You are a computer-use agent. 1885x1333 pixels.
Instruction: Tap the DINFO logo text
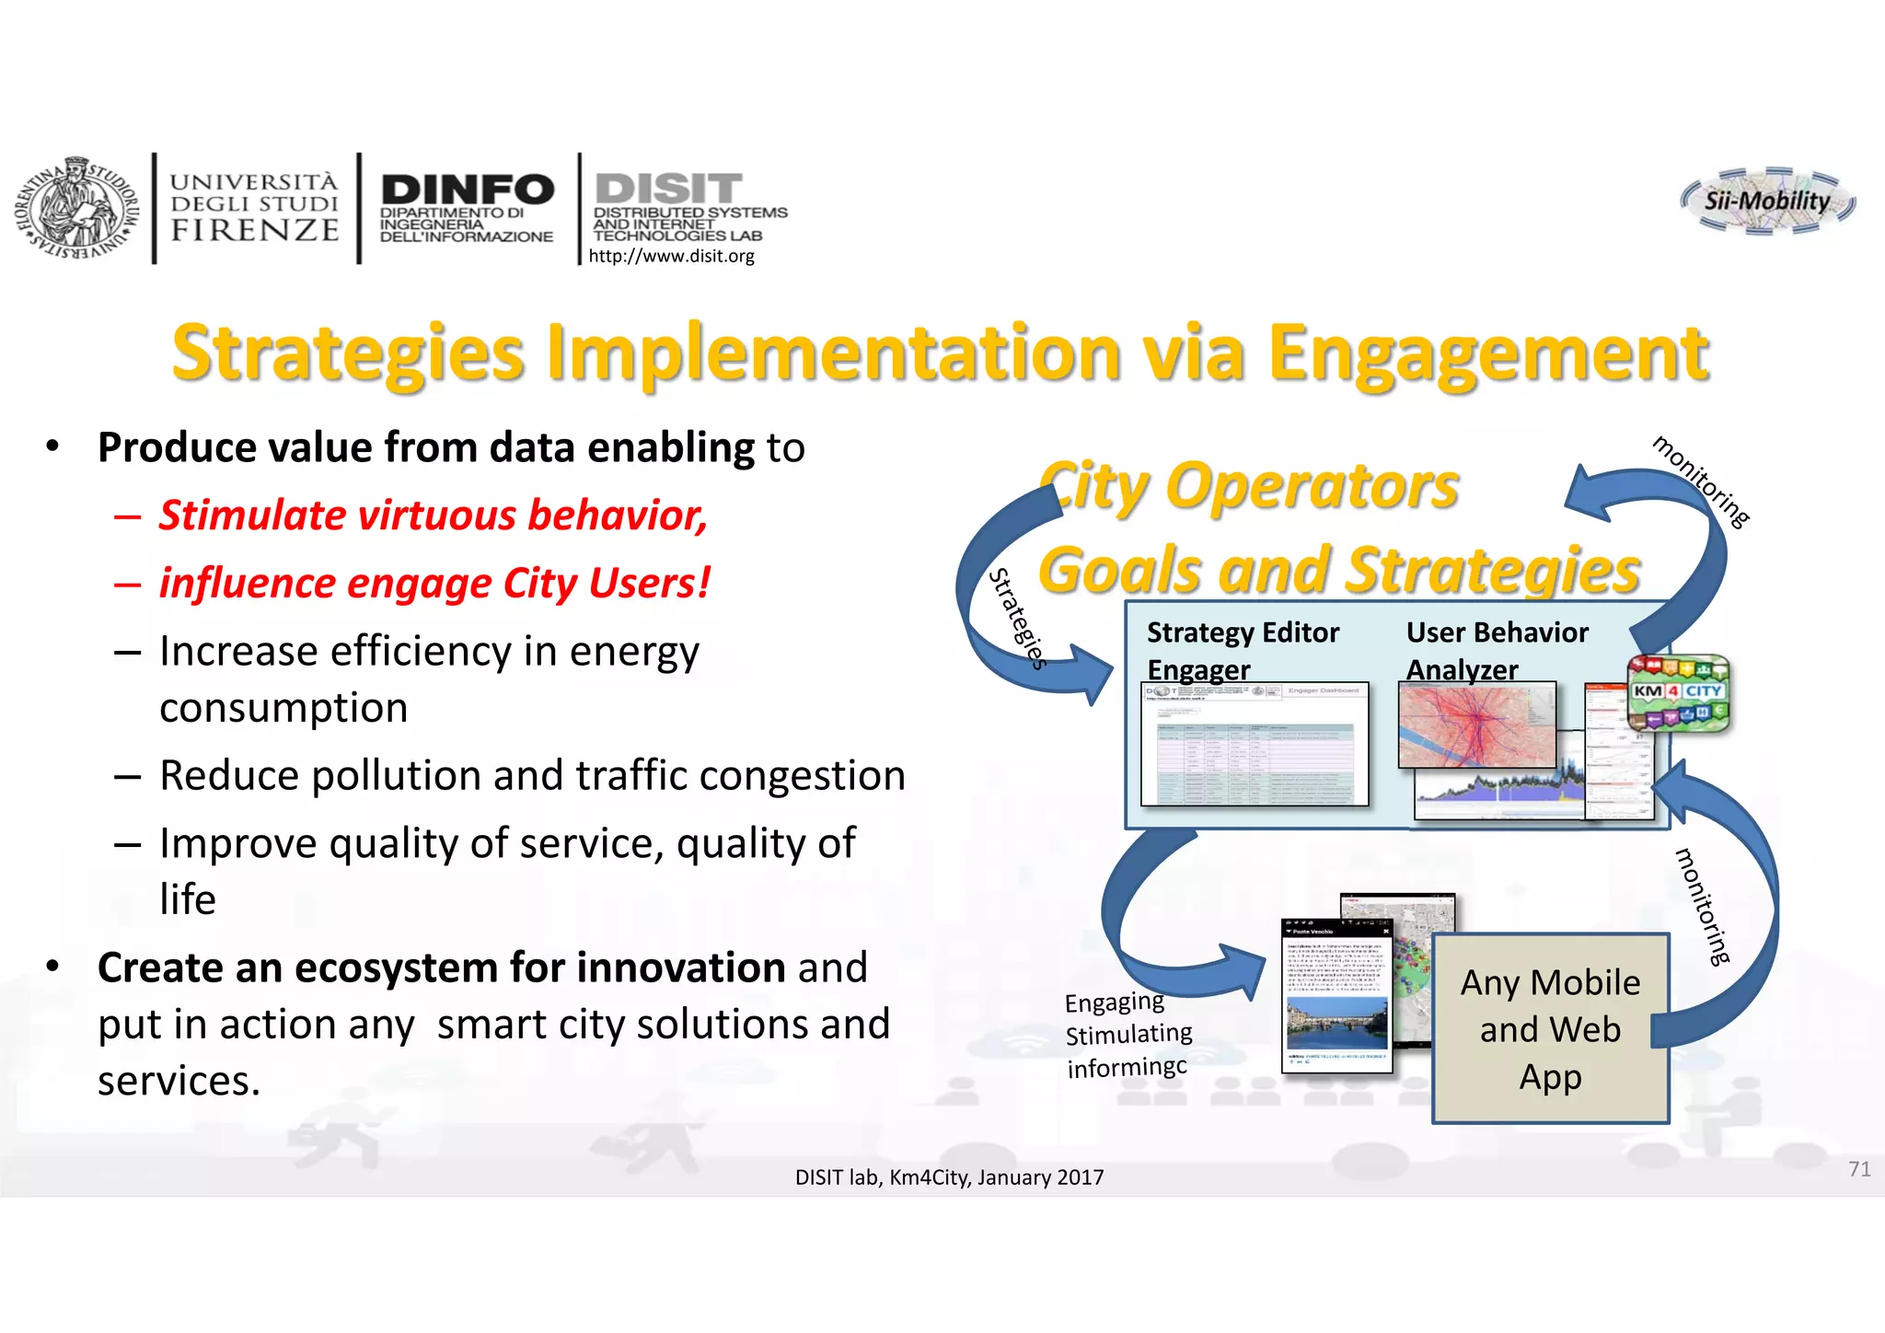(x=467, y=191)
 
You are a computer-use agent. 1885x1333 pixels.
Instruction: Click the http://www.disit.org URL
(x=671, y=256)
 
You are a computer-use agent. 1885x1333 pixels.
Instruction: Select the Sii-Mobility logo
(x=1766, y=201)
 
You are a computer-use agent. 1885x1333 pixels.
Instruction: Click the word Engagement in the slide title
(x=1487, y=354)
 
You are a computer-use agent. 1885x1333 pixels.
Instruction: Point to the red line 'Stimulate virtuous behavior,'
(x=433, y=515)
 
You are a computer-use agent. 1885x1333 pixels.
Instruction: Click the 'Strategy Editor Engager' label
(x=1242, y=650)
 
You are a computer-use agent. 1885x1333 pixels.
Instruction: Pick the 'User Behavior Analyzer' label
(x=1496, y=650)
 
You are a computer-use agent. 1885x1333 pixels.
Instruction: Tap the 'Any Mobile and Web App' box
(x=1550, y=1029)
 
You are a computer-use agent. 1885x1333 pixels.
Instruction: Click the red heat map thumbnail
(x=1475, y=726)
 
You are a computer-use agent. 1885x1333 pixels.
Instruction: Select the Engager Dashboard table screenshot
(x=1254, y=745)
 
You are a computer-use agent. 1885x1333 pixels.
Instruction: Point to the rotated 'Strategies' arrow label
(x=1017, y=618)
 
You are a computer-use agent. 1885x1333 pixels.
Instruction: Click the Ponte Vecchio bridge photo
(x=1336, y=1022)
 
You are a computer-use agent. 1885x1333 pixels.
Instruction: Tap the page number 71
(x=1858, y=1169)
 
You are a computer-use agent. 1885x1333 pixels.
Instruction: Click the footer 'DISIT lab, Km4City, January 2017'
(x=949, y=1177)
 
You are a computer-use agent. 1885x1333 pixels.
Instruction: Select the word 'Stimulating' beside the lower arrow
(x=1128, y=1035)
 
